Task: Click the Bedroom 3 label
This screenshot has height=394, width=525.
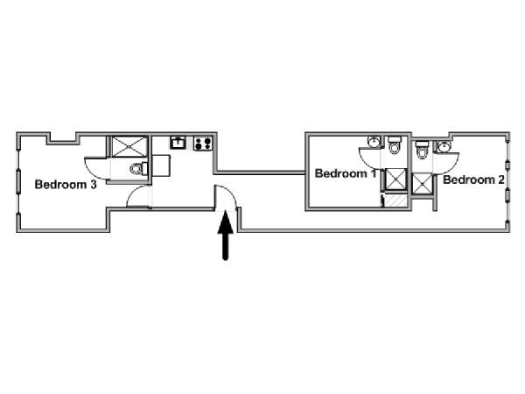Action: [x=66, y=185]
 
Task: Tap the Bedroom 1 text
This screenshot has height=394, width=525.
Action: [x=346, y=173]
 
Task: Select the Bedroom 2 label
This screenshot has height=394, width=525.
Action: [x=473, y=179]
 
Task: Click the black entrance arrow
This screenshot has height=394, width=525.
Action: [x=226, y=235]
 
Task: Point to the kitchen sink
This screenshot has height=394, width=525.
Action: [x=178, y=143]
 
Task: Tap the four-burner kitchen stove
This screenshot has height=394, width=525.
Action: [x=203, y=143]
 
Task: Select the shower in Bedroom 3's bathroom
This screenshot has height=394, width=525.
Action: [x=129, y=146]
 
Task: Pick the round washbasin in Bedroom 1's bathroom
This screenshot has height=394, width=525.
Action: [x=374, y=142]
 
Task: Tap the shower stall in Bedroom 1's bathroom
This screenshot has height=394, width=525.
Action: [x=396, y=179]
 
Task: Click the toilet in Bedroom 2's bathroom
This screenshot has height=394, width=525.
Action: [x=422, y=150]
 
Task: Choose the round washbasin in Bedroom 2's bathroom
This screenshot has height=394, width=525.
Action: [x=444, y=146]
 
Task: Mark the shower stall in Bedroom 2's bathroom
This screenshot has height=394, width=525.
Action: [x=422, y=184]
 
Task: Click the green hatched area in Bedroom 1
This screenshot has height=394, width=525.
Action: [x=395, y=201]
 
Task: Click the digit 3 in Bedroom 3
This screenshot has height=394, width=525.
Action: [x=94, y=185]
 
